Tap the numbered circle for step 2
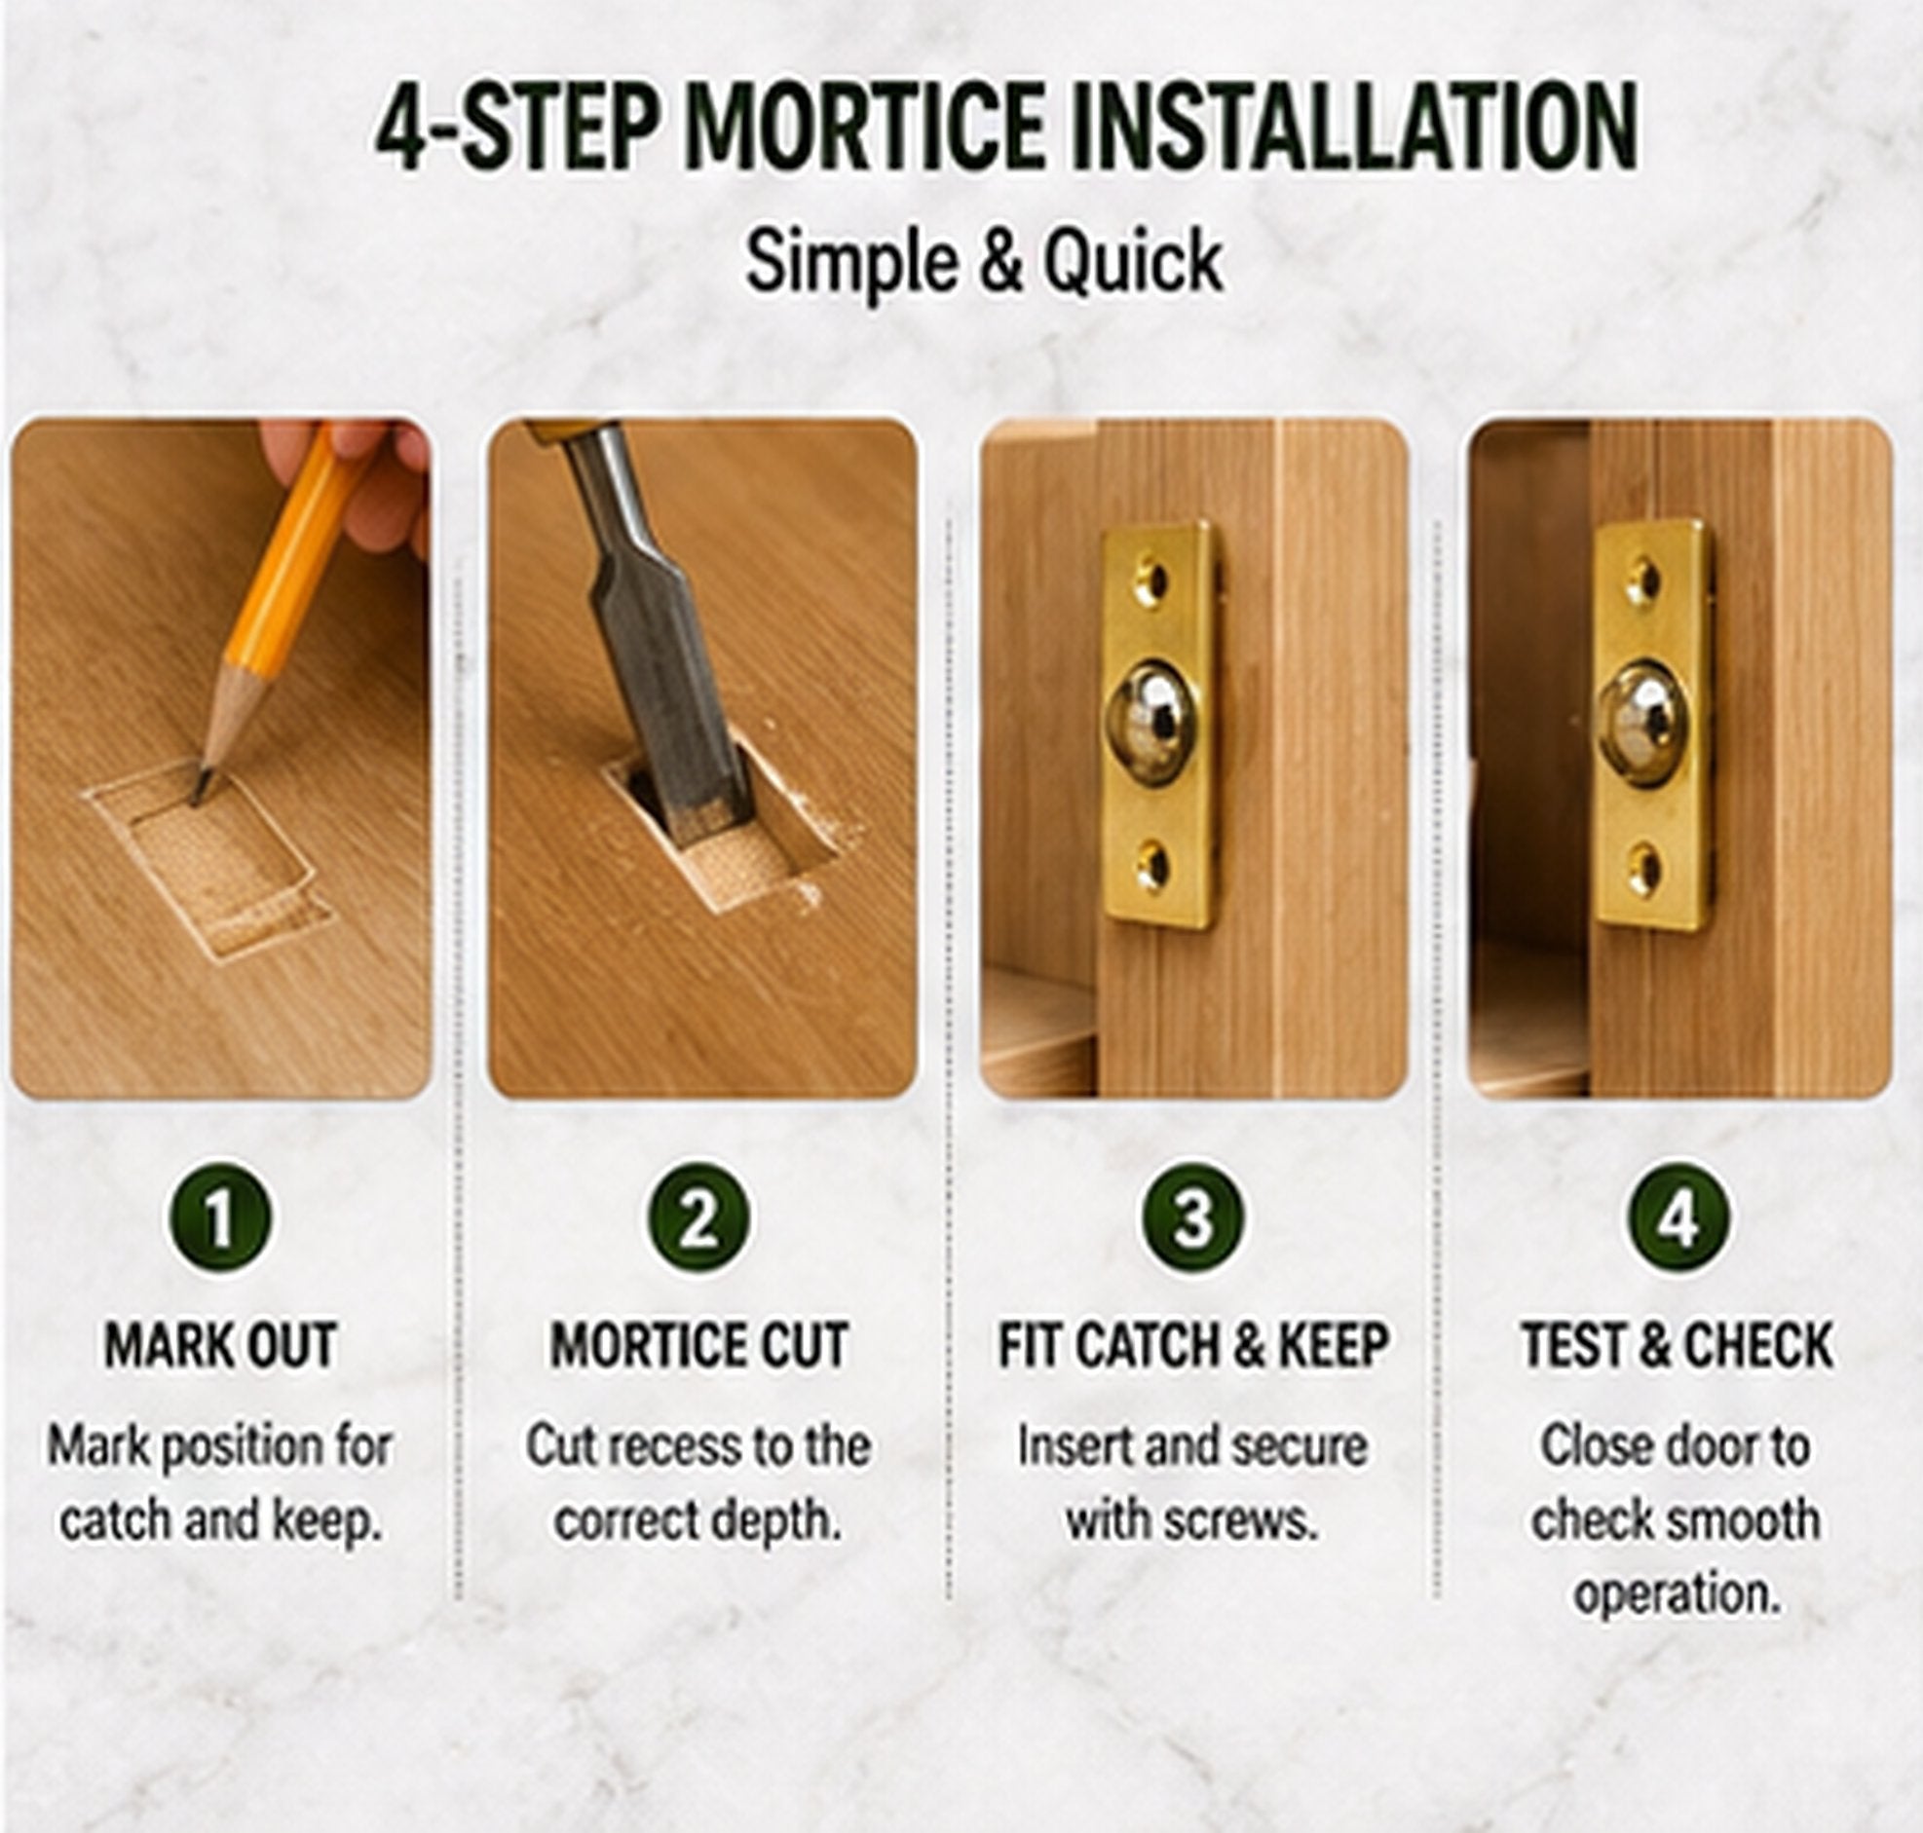tap(698, 1218)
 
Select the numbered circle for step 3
tap(1192, 1218)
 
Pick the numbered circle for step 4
tap(1678, 1218)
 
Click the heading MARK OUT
tap(221, 1345)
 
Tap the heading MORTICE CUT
tap(698, 1345)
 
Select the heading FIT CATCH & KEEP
tap(1192, 1345)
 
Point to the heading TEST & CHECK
tap(1677, 1345)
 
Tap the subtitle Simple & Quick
tap(984, 262)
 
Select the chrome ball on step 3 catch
tap(1152, 723)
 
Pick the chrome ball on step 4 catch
tap(1643, 723)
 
